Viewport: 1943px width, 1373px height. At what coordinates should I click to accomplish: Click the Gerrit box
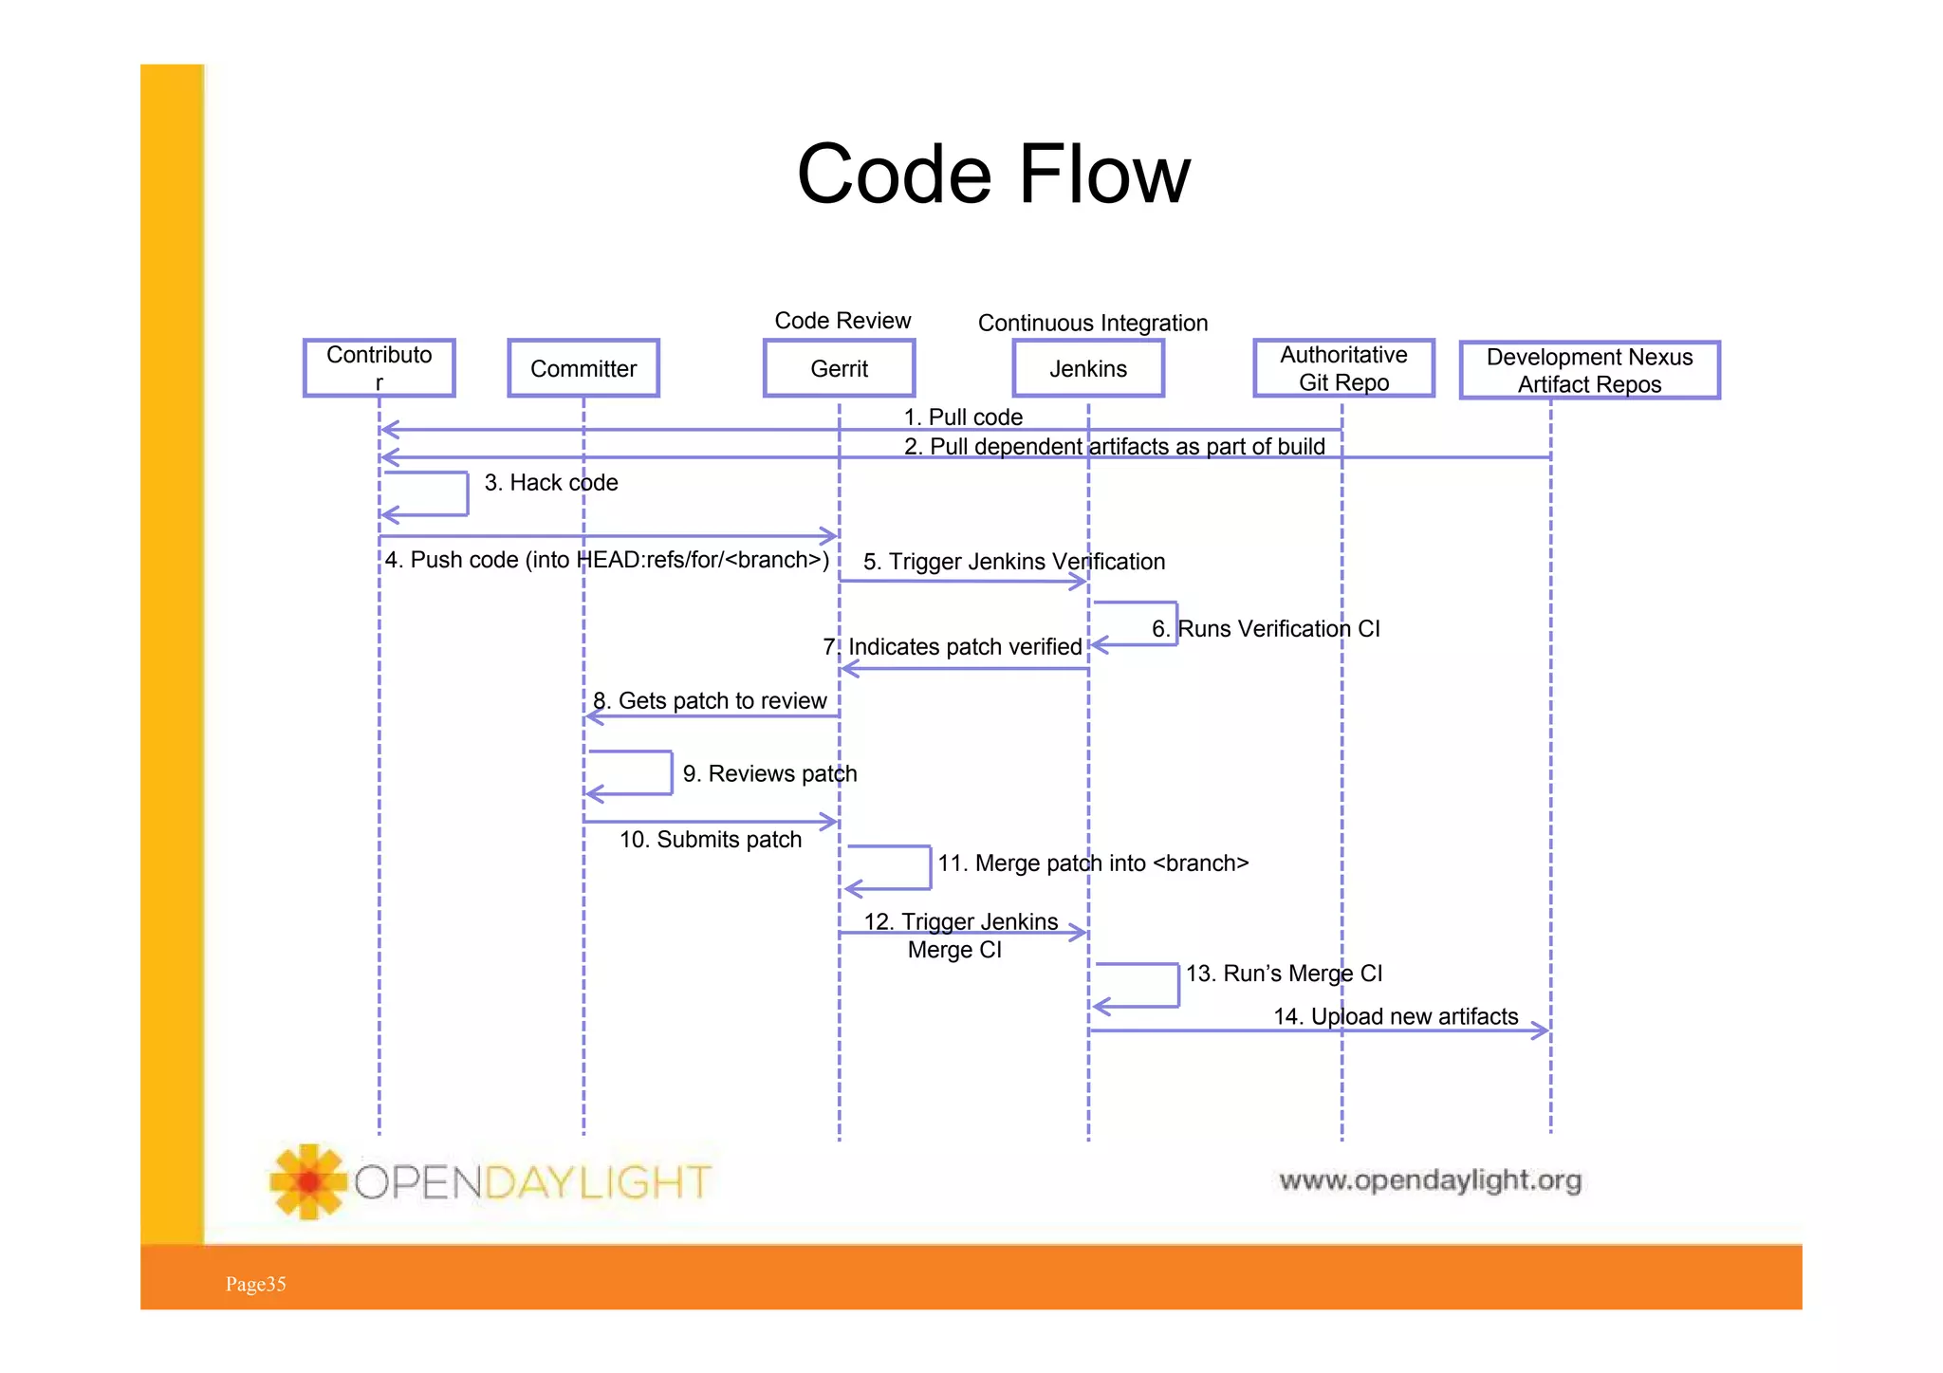point(839,368)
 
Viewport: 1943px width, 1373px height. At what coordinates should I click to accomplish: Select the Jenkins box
point(1087,368)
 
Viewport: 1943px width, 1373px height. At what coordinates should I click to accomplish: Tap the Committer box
point(583,368)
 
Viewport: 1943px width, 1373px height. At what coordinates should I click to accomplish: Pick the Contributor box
point(379,368)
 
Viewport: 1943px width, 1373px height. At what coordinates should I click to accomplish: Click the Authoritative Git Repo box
point(1342,368)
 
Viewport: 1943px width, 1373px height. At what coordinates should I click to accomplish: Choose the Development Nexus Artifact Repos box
point(1589,370)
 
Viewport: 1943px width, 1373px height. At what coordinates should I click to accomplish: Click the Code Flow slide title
point(992,174)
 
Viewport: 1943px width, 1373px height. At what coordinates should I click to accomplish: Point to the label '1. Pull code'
point(962,417)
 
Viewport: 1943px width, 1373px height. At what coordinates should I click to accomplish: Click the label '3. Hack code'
point(550,482)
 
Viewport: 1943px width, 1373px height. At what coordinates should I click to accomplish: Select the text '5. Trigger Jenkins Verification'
point(1013,561)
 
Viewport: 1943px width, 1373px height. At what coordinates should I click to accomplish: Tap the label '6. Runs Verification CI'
point(1265,628)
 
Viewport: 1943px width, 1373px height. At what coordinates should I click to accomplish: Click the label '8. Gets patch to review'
point(710,700)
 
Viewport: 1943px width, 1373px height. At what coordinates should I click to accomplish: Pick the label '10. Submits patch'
point(710,839)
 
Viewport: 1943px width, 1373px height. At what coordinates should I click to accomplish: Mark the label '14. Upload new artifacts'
point(1395,1016)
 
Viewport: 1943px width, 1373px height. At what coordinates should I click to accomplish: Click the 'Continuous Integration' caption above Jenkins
point(1092,323)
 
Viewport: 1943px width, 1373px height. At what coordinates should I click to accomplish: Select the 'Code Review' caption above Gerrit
point(842,321)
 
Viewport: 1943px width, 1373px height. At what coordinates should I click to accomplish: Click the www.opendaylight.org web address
point(1429,1179)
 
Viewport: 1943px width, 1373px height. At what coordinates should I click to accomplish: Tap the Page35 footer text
point(255,1284)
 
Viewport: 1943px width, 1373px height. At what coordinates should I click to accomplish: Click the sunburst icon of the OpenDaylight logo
point(307,1181)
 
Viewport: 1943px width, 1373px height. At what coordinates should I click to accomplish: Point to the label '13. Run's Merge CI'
point(1283,973)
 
